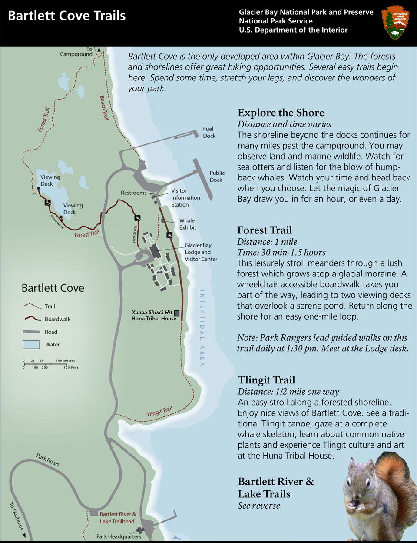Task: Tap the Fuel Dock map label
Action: [x=209, y=132]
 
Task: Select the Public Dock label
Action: [x=216, y=176]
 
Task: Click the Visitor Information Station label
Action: [x=185, y=197]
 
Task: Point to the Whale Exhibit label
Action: [x=187, y=224]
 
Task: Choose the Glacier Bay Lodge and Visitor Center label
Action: [x=201, y=252]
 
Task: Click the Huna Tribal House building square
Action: [x=177, y=313]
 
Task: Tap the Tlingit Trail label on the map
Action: [x=159, y=411]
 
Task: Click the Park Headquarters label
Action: [x=119, y=536]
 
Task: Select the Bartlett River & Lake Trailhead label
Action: [x=117, y=517]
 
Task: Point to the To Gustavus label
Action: [x=17, y=517]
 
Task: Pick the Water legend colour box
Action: [x=31, y=345]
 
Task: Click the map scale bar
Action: [x=50, y=364]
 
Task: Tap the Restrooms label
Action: [x=133, y=193]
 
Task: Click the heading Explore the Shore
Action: [x=281, y=113]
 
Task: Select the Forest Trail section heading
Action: [x=264, y=230]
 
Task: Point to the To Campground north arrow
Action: [x=99, y=50]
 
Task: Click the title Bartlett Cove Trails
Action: [x=67, y=16]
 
